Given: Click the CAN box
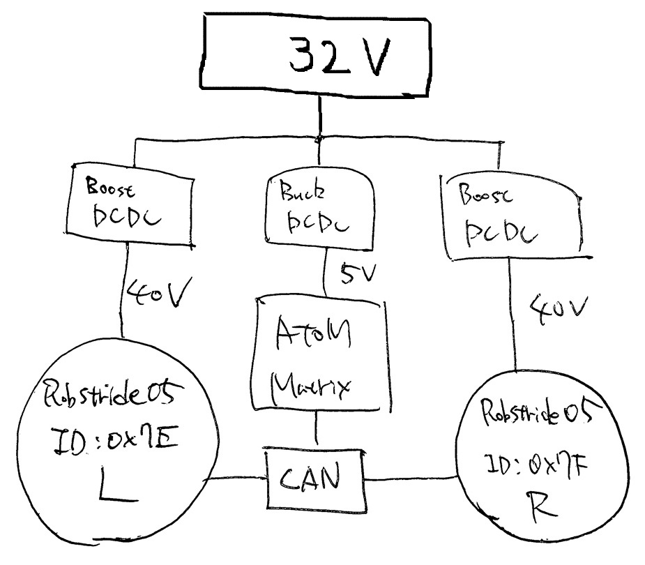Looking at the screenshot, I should [317, 479].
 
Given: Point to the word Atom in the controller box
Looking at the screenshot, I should [312, 333].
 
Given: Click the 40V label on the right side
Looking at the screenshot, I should [558, 307].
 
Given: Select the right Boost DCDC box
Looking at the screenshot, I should [511, 216].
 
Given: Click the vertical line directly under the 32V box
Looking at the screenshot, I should [320, 115].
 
